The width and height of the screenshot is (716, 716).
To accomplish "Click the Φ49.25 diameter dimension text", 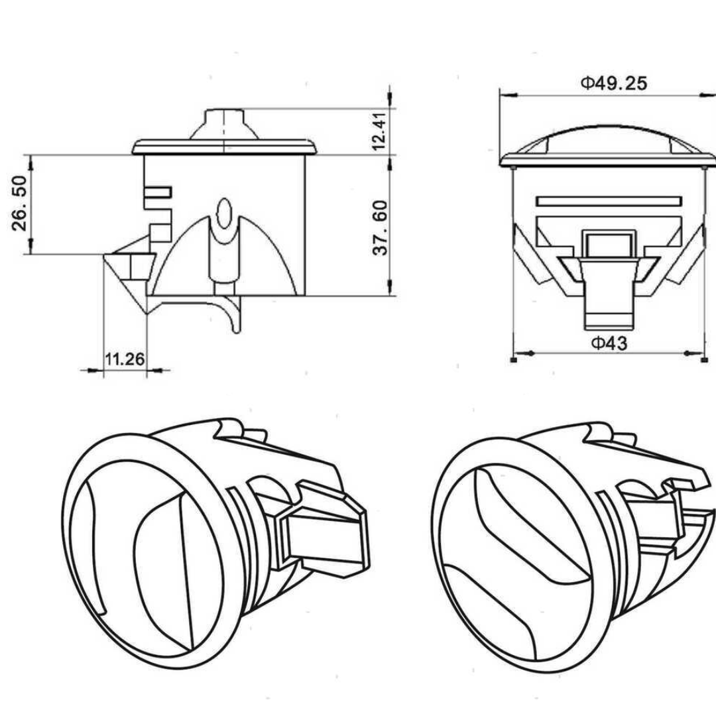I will pos(614,83).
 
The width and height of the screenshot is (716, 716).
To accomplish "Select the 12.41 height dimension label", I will pos(379,131).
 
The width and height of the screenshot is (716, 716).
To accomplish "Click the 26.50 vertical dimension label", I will pos(19,203).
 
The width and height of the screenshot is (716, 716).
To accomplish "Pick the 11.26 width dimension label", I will pos(124,359).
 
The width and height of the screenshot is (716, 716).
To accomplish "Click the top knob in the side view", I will pos(224,123).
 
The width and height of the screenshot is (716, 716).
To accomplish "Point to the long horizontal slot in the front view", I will pos(609,200).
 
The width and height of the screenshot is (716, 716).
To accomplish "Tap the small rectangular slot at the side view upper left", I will pos(158,192).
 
